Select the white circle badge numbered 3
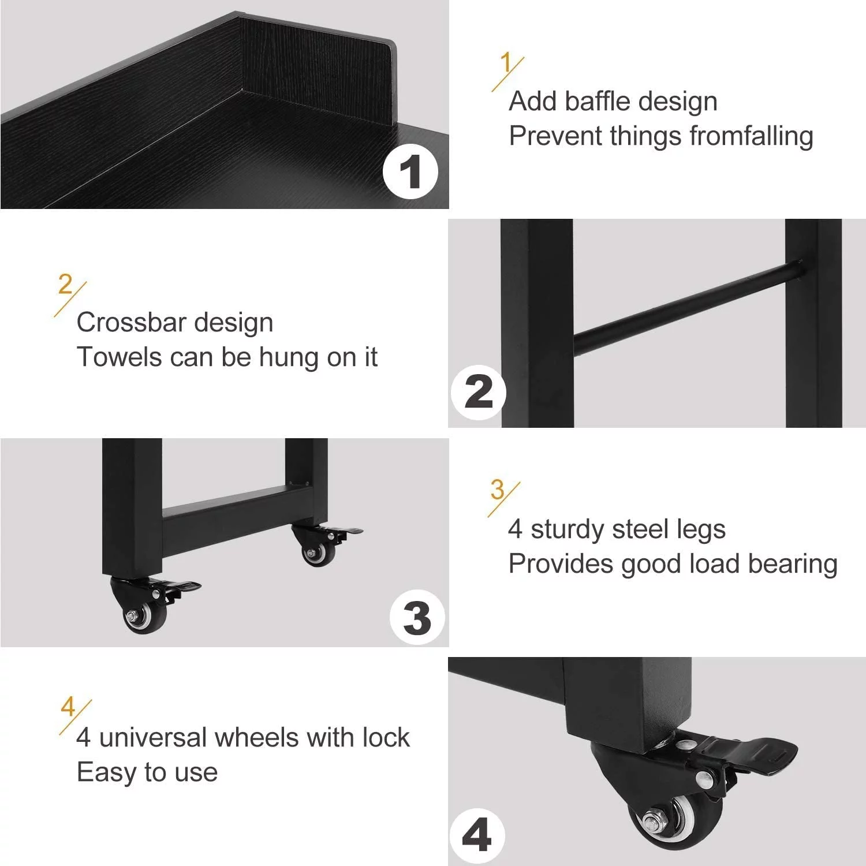(417, 618)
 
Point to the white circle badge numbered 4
(476, 835)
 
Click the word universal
(152, 738)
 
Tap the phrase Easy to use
(147, 772)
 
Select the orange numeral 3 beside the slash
(497, 490)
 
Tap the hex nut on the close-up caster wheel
(654, 820)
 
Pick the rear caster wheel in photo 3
(318, 553)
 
